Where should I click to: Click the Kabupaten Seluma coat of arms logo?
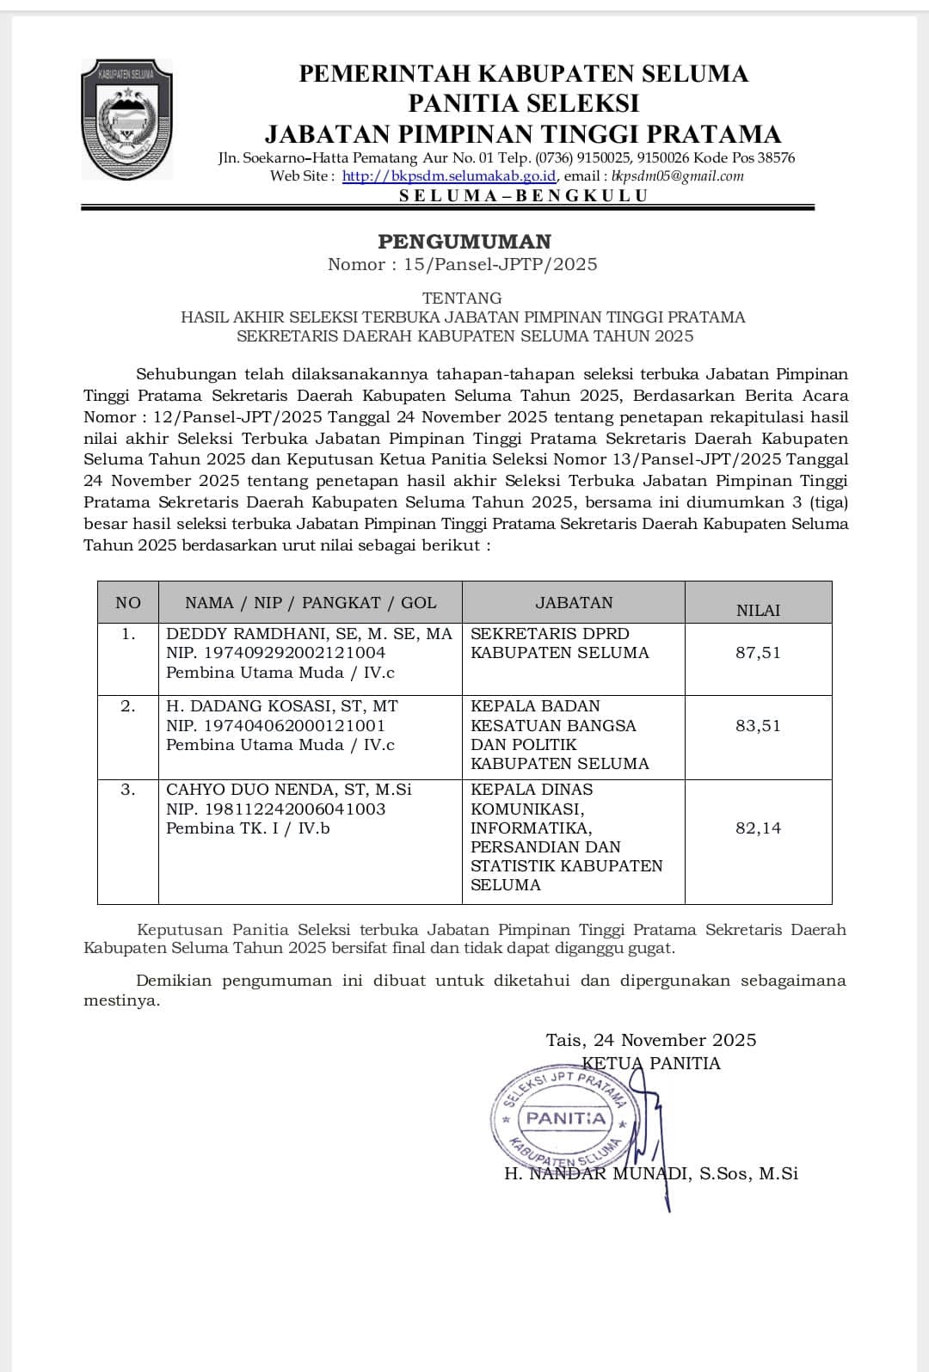point(126,119)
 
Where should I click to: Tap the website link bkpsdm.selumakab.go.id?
point(449,176)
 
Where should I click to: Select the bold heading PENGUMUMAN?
point(464,242)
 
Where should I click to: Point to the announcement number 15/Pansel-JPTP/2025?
point(500,265)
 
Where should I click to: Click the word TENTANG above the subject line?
point(463,298)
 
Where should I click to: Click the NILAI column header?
point(758,611)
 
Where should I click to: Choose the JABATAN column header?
point(574,603)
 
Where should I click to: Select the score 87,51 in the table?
point(758,653)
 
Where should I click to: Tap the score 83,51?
point(758,726)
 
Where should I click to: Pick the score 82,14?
point(758,828)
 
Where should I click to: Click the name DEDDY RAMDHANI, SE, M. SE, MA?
point(309,634)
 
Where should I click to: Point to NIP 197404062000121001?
point(275,726)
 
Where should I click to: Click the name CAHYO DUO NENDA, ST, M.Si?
point(288,790)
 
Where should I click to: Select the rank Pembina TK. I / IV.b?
point(248,828)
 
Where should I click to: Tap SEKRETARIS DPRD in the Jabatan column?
point(550,634)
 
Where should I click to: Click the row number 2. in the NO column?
point(127,706)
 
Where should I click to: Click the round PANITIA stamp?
point(565,1119)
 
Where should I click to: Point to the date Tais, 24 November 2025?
point(651,1040)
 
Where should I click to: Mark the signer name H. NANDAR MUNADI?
point(598,1174)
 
